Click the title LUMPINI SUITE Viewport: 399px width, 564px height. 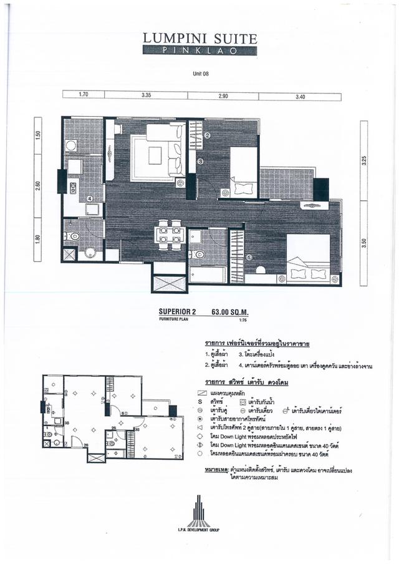(x=199, y=38)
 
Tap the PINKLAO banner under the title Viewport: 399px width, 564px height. (x=199, y=50)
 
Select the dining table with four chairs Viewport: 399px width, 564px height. (x=169, y=235)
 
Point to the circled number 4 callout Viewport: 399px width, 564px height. (x=90, y=199)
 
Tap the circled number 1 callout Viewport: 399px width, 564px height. (x=249, y=256)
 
